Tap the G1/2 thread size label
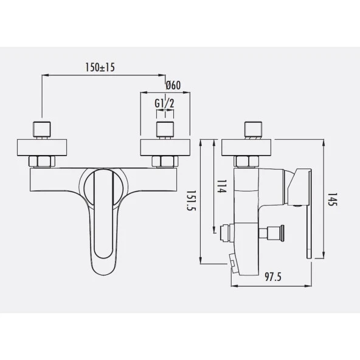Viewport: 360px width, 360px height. pos(164,103)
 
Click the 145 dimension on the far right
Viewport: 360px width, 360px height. pos(332,199)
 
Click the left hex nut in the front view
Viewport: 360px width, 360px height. pos(42,162)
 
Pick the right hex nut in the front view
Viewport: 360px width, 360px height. pos(165,162)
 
